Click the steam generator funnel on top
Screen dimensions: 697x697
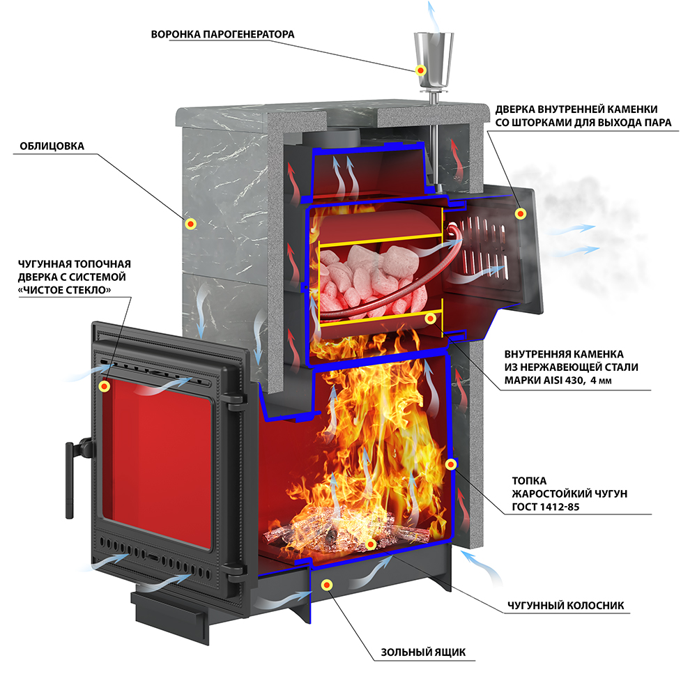point(434,56)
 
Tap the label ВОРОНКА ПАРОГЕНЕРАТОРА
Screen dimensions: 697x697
point(223,34)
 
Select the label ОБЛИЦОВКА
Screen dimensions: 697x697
point(52,146)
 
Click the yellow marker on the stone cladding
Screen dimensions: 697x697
point(191,224)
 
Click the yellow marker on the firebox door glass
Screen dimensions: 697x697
point(105,385)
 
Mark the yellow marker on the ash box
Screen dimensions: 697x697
point(326,585)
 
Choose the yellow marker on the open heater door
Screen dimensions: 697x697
point(519,214)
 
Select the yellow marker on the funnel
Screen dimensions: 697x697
point(421,70)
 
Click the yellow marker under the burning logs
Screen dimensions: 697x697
point(371,544)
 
